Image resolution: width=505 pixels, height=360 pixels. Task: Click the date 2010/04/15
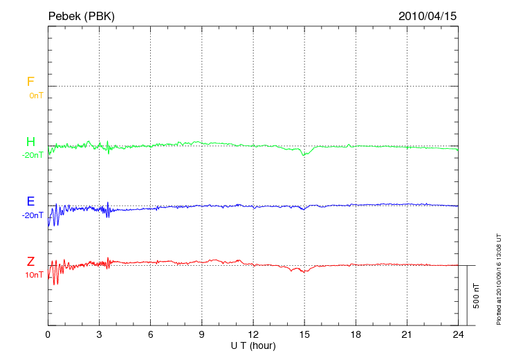tap(428, 15)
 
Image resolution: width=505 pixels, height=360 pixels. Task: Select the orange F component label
tap(30, 82)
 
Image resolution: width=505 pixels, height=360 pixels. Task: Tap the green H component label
tap(30, 142)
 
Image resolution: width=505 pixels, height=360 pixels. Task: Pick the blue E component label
tap(30, 201)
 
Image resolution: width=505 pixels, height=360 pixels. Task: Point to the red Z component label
tap(30, 262)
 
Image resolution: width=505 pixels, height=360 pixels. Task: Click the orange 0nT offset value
tap(35, 96)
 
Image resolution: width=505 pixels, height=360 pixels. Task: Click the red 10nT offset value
tap(34, 275)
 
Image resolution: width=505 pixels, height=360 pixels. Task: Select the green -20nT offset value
tap(33, 155)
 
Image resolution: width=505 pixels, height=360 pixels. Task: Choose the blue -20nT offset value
tap(33, 215)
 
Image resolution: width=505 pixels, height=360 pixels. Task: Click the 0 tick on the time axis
tap(48, 334)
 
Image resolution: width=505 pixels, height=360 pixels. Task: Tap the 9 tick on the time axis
tap(202, 334)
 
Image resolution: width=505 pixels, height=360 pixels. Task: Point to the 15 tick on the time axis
tap(304, 334)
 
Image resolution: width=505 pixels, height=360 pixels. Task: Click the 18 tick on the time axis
tap(356, 334)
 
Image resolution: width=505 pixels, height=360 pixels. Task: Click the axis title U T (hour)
tap(253, 345)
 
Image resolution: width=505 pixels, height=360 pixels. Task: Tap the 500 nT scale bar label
tap(477, 296)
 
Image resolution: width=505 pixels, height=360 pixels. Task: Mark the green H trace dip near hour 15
tap(303, 154)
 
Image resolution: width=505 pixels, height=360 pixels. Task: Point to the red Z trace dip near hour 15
tap(304, 271)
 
